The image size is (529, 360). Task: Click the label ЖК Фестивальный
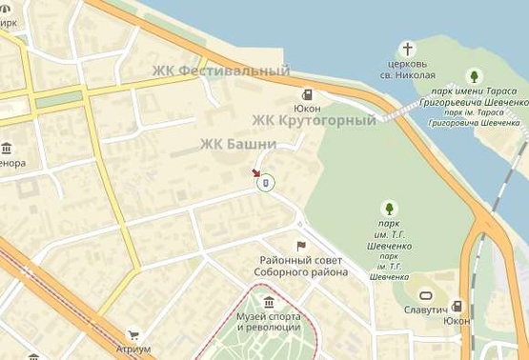[221, 70]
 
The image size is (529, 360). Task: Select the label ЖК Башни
[237, 144]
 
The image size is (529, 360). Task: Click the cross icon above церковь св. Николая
[407, 49]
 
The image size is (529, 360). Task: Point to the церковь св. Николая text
[407, 70]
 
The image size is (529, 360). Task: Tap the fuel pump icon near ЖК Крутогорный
[307, 94]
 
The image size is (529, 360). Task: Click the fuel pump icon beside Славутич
[457, 307]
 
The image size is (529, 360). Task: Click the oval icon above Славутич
[425, 295]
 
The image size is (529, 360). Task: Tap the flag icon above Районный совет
[301, 246]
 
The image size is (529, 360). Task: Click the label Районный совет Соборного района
[301, 266]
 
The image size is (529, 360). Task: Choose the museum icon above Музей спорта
[270, 303]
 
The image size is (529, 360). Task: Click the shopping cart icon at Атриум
[133, 335]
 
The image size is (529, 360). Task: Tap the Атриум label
[132, 350]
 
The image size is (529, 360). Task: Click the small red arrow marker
[254, 172]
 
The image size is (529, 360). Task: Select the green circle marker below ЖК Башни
[267, 182]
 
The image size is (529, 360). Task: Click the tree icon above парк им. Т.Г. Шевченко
[388, 207]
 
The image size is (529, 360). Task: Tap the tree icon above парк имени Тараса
[474, 76]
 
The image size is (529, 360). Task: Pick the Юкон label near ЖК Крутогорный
[307, 109]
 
